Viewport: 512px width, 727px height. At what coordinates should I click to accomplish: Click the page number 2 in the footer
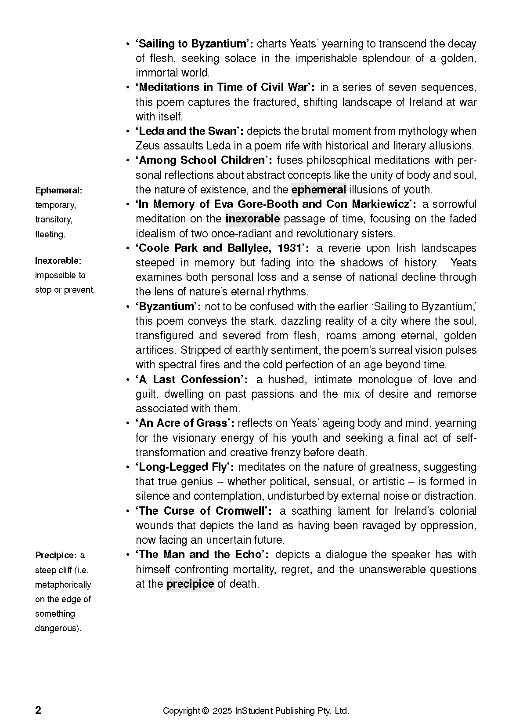point(38,710)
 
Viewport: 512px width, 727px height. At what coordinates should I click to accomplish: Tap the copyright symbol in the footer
point(205,711)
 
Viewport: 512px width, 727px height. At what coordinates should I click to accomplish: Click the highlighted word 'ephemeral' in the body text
point(319,190)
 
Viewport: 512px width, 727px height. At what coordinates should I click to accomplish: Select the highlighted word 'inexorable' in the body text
point(252,219)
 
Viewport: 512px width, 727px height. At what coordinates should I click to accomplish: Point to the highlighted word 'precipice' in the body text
point(190,584)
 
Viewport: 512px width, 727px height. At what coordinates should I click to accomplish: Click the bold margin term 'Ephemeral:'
point(59,190)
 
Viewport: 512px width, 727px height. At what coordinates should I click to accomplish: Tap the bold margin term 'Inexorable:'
point(58,261)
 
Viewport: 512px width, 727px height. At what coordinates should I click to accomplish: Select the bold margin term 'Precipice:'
point(56,555)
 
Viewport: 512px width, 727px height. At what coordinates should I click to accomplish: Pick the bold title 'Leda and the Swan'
point(190,131)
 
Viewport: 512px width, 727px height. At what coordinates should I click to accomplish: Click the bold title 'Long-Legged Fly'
point(184,467)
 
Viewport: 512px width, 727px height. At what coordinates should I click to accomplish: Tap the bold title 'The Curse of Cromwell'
point(203,511)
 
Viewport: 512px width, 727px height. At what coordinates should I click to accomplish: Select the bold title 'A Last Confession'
point(191,380)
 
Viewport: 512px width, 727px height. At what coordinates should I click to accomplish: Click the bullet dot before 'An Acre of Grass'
point(127,424)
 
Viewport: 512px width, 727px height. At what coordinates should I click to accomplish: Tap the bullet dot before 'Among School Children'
point(127,161)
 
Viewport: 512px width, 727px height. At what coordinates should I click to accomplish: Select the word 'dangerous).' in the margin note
point(58,628)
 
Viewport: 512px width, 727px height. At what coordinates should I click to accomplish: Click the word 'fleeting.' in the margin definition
point(50,234)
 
